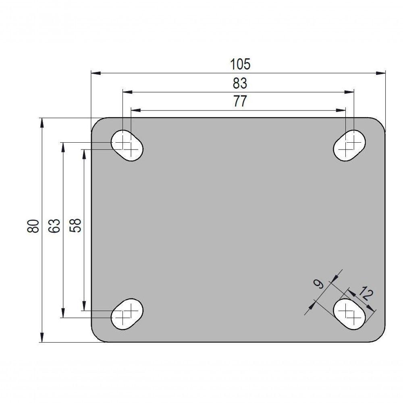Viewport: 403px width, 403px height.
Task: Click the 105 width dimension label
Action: coord(240,64)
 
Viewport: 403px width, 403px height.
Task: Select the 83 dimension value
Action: coord(240,83)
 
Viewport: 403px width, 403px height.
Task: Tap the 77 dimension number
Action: coord(240,102)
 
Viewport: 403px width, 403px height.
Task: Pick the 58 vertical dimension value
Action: coord(75,226)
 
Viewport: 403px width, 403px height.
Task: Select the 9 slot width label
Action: coord(319,283)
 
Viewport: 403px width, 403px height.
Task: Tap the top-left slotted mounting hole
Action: coord(127,146)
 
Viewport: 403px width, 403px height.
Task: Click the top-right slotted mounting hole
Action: coord(349,146)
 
